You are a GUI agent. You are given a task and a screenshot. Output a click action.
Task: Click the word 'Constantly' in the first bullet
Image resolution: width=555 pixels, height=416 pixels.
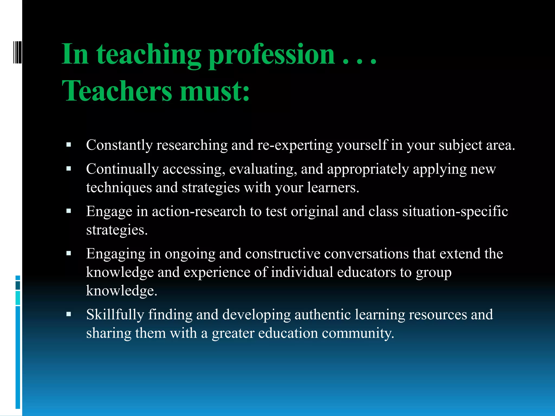pos(119,145)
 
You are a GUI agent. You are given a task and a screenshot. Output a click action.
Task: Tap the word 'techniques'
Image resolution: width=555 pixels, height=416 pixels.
pos(119,188)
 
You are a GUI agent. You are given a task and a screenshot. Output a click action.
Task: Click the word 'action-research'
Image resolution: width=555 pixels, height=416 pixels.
pos(199,212)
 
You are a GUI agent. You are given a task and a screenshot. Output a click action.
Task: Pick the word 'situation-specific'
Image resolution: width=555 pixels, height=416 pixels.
pos(455,212)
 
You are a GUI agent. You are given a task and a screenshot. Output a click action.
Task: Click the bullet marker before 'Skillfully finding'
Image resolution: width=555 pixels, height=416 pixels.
pos(69,314)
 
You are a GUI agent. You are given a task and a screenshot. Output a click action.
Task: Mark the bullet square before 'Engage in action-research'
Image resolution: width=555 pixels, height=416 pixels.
pos(69,211)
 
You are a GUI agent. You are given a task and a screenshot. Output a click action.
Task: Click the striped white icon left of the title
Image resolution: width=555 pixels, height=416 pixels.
pos(17,52)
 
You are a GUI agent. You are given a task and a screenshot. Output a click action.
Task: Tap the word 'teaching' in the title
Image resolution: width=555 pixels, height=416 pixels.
pos(149,55)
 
